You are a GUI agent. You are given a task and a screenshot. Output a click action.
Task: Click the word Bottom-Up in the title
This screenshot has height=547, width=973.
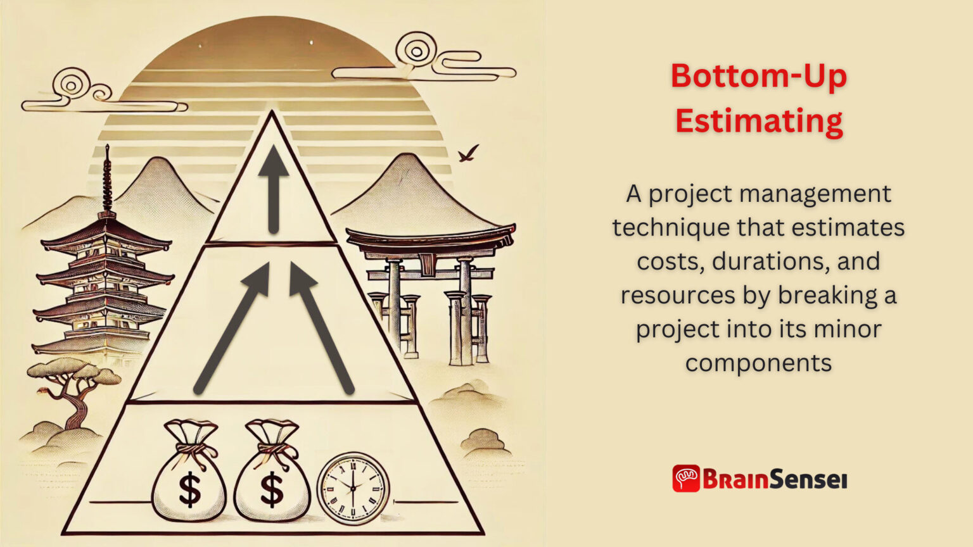(x=758, y=76)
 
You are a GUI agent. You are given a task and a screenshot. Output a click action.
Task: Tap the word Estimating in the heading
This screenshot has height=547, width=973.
(x=758, y=120)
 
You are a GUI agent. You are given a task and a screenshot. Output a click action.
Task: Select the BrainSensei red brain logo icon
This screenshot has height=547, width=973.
(x=686, y=479)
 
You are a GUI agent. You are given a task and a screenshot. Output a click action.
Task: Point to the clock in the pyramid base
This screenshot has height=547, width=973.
(x=353, y=488)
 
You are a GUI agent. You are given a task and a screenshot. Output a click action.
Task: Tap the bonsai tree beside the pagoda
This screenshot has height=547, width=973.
(x=73, y=386)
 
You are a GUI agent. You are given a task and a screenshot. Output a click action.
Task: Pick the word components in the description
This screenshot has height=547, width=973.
(x=758, y=363)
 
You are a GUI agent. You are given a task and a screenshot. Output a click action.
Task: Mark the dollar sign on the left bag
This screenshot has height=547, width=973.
(x=189, y=489)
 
